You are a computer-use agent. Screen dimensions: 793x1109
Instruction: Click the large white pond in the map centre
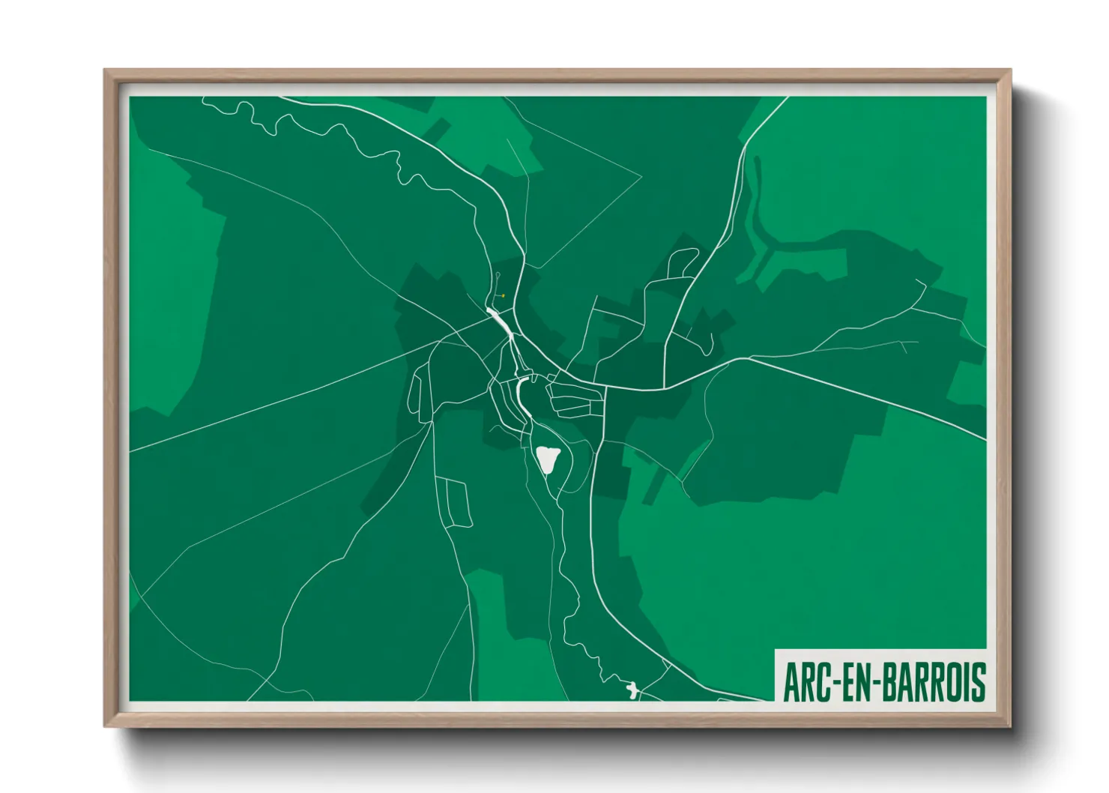pos(548,459)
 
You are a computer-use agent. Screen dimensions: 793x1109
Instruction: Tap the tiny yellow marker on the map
pos(504,295)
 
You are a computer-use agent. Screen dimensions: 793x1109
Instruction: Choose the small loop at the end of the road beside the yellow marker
pos(498,276)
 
